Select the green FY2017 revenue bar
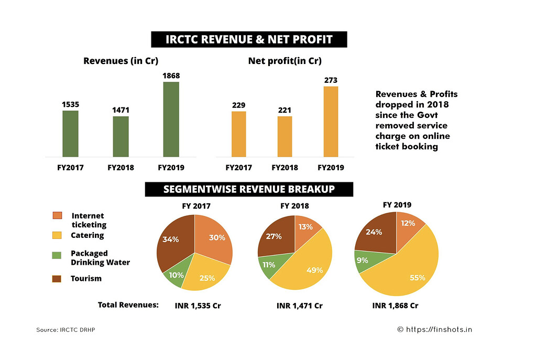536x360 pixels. tap(70, 134)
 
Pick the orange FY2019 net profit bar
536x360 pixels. tap(331, 122)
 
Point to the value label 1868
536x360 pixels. tap(171, 75)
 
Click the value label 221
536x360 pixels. tap(285, 110)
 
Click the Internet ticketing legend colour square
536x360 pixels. tap(57, 216)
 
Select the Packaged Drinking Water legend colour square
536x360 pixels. tap(57, 255)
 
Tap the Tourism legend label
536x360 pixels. tap(86, 278)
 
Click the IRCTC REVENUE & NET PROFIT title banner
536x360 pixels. tap(249, 40)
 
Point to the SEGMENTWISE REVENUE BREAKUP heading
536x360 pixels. tap(249, 189)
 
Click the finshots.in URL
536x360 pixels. tap(439, 330)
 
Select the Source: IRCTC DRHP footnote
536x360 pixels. tap(65, 330)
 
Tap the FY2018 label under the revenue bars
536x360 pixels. tap(121, 168)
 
